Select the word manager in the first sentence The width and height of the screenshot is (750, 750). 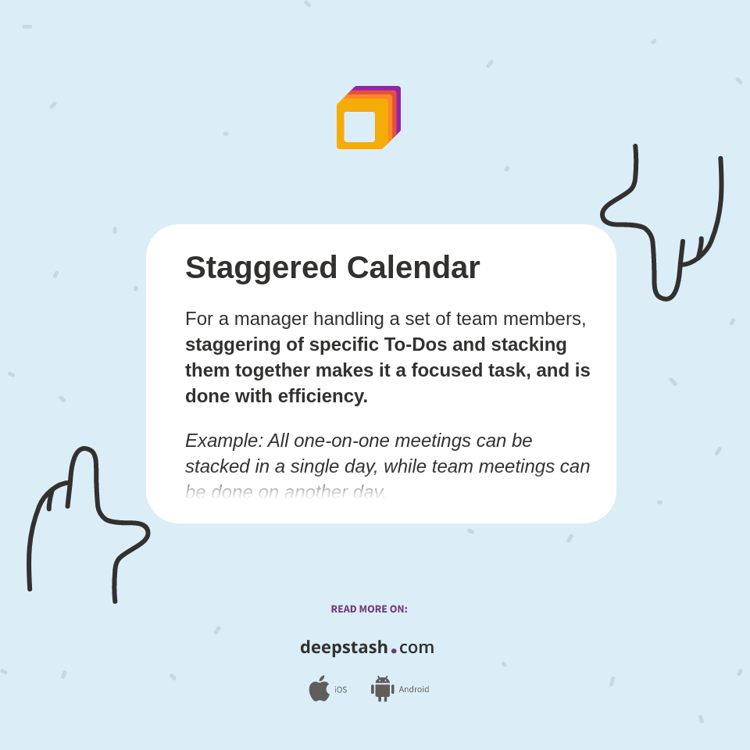click(269, 319)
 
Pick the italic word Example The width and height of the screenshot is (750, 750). click(223, 441)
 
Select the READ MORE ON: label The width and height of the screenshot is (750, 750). click(369, 609)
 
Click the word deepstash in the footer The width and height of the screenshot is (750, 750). click(344, 648)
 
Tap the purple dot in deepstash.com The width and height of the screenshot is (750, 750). click(394, 651)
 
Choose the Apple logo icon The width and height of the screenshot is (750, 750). click(319, 689)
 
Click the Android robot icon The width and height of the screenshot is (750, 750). click(382, 689)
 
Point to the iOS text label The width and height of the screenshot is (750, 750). click(341, 690)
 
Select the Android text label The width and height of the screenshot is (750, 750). click(414, 690)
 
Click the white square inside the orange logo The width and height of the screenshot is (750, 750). click(359, 127)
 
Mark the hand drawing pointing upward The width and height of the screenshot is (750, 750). click(86, 516)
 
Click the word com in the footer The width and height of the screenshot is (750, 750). click(416, 648)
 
